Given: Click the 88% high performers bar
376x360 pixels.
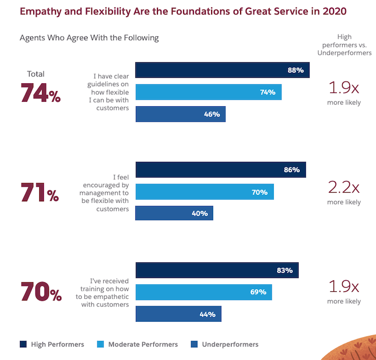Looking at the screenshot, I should (222, 70).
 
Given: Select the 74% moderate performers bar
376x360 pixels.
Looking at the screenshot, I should (208, 92).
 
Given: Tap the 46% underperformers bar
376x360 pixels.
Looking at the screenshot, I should (180, 114).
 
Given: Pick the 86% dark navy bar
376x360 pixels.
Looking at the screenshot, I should (220, 170).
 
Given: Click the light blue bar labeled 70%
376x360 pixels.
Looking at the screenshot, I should (205, 192).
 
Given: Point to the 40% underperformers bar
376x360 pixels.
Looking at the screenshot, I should (174, 213).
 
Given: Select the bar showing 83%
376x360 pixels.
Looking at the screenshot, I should (217, 270).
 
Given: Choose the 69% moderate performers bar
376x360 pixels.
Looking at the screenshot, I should (204, 292).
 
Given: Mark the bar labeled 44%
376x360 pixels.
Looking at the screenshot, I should (178, 314).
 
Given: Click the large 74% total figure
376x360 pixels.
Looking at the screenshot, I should (41, 93).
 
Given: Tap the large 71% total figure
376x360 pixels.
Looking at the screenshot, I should (40, 193).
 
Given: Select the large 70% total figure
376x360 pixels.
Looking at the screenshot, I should (41, 293).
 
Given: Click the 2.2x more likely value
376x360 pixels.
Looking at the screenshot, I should (344, 187).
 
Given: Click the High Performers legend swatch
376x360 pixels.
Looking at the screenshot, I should (24, 344).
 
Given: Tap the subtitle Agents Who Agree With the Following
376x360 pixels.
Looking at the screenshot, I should (89, 38).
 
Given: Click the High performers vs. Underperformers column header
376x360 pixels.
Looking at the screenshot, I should (344, 45).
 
